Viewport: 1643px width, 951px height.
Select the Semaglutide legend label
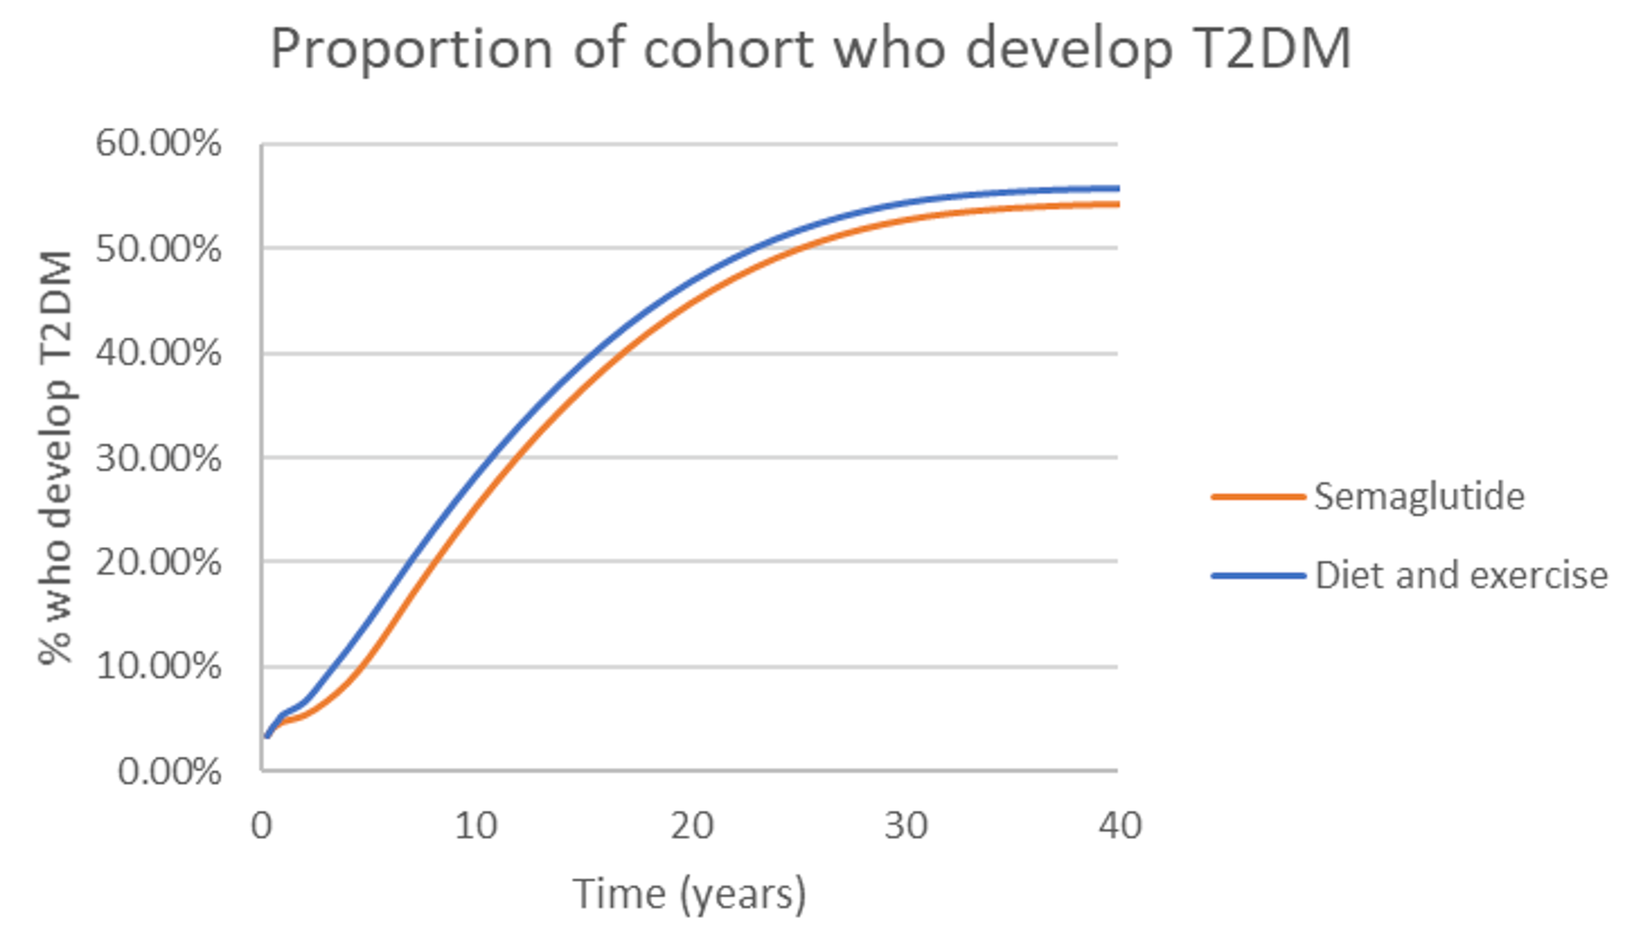click(1419, 496)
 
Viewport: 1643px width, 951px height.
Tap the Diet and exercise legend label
click(1460, 575)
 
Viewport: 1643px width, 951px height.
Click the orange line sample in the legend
click(1257, 497)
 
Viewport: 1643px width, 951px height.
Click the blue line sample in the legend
click(1257, 576)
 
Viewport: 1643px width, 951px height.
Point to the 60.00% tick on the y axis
click(158, 143)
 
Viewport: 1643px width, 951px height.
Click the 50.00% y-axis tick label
click(158, 249)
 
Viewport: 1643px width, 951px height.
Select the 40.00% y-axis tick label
click(158, 353)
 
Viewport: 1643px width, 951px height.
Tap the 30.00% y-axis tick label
click(158, 458)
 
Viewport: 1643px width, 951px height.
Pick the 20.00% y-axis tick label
click(158, 562)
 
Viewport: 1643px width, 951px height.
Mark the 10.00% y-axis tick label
click(158, 666)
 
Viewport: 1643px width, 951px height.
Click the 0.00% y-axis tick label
click(169, 771)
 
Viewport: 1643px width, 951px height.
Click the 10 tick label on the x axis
click(475, 826)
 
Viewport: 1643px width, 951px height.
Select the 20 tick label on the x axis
click(690, 826)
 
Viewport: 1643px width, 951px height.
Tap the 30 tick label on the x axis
click(905, 826)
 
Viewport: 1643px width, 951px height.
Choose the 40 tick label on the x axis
click(1119, 826)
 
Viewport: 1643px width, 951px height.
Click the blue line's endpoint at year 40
click(1117, 188)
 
